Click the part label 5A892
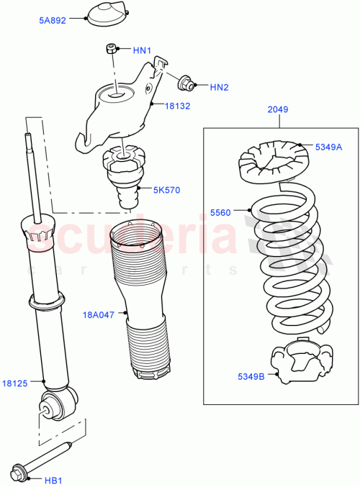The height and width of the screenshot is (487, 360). [x=52, y=21]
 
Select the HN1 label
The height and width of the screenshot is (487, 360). [x=142, y=50]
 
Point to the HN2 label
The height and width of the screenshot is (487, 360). [x=219, y=88]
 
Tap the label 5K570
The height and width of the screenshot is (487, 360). [x=166, y=190]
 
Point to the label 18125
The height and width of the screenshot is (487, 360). [x=14, y=383]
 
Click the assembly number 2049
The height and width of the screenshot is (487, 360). [x=277, y=110]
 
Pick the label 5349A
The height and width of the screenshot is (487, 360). [x=328, y=147]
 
